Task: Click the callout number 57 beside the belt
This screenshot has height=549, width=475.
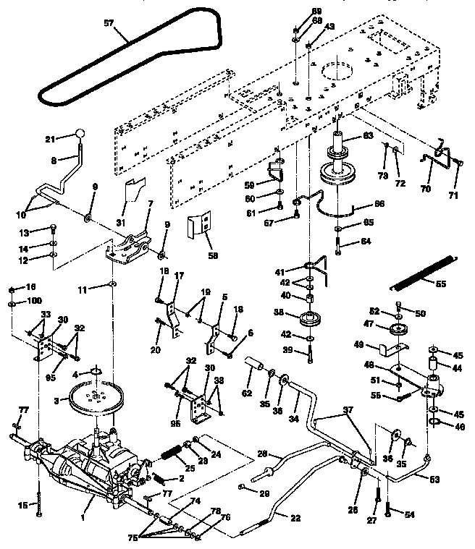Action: pos(109,23)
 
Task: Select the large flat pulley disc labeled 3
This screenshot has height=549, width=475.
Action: pos(95,399)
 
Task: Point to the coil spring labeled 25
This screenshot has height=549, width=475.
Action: pos(172,457)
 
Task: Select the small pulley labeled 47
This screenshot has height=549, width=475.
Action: pos(397,331)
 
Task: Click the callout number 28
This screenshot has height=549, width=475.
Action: pos(261,454)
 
